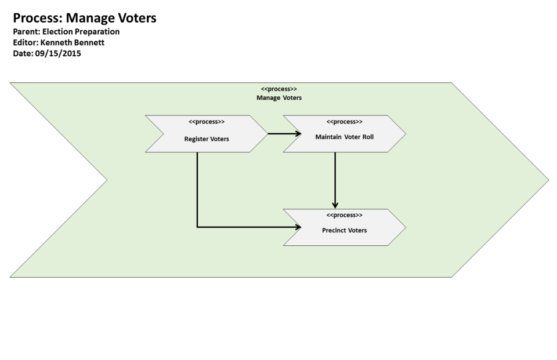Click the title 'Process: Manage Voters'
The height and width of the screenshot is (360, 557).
85,18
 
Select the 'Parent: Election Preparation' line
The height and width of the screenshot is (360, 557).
66,32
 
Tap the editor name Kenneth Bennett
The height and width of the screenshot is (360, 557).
73,42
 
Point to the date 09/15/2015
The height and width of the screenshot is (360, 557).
58,53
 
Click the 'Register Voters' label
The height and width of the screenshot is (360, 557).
207,139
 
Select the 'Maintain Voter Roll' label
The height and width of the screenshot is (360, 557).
344,137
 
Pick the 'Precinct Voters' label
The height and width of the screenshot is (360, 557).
344,230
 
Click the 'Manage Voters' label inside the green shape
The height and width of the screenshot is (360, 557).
279,98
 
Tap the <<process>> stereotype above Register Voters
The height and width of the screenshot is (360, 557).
207,122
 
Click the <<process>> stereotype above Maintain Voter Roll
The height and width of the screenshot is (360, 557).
344,122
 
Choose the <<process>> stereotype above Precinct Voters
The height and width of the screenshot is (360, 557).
344,215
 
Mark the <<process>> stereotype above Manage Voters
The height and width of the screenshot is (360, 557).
279,89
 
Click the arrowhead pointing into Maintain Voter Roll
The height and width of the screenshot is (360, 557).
298,134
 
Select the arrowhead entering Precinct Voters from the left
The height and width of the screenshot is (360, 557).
298,227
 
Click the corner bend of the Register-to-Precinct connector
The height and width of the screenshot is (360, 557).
197,227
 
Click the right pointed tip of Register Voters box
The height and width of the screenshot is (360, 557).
267,134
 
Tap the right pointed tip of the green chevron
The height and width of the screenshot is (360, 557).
548,180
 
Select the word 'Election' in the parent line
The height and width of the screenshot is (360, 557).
59,32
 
